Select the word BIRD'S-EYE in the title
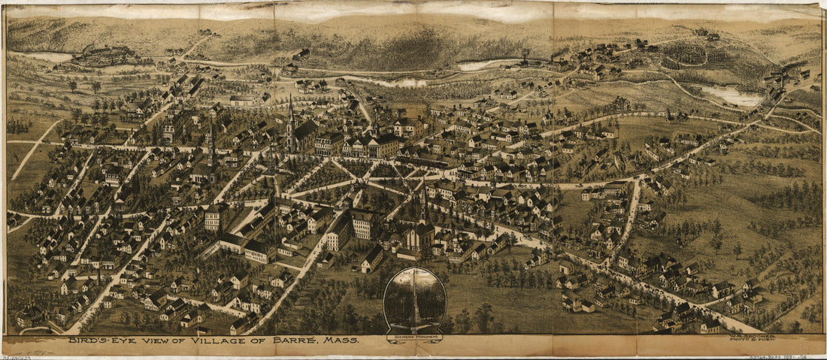coord(98,340)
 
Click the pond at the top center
coord(481,65)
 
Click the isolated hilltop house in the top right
coord(707,34)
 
